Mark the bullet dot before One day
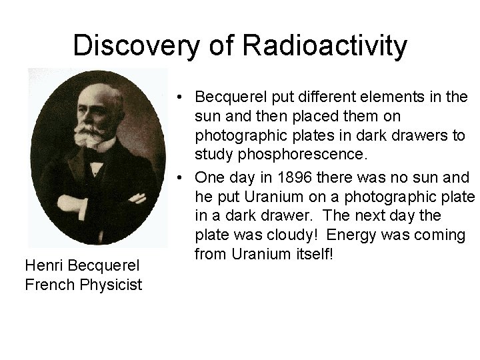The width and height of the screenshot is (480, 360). coord(180,178)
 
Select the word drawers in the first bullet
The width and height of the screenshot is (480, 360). coord(417,136)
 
